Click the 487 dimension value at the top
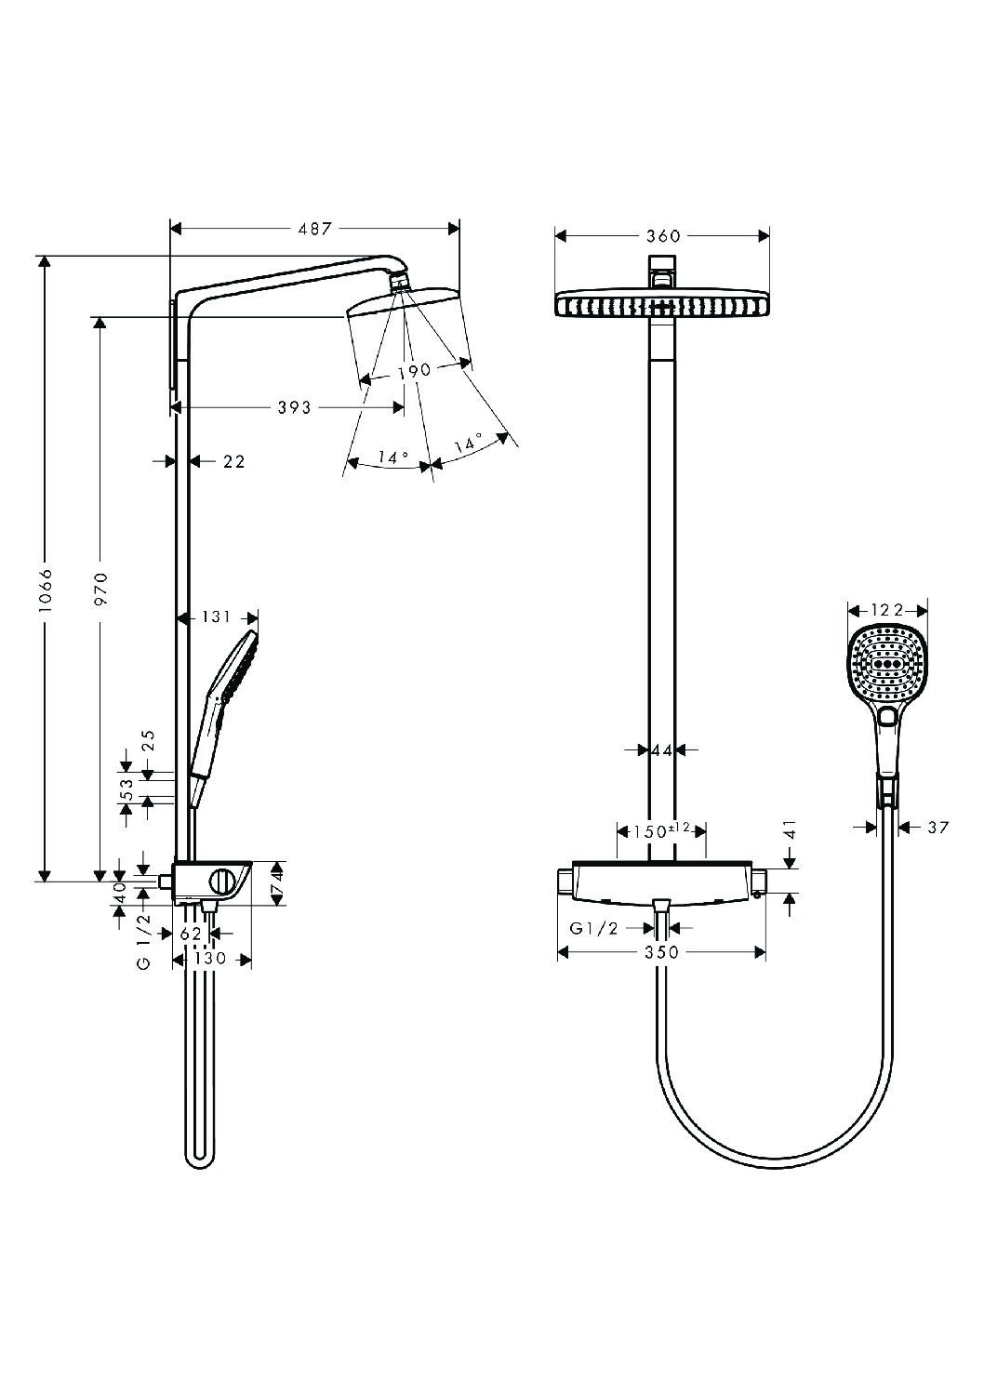314,229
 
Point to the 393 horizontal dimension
294,407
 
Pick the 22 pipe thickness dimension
233,462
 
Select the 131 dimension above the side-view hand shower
216,617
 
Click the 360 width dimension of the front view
663,236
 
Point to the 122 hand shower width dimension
887,610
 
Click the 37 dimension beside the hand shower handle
938,828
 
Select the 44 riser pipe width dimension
662,750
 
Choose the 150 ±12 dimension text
661,830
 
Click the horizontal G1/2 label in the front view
594,928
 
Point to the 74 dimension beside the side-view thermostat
276,883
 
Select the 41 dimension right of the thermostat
790,829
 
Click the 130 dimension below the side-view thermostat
210,958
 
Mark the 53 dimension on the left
126,789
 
